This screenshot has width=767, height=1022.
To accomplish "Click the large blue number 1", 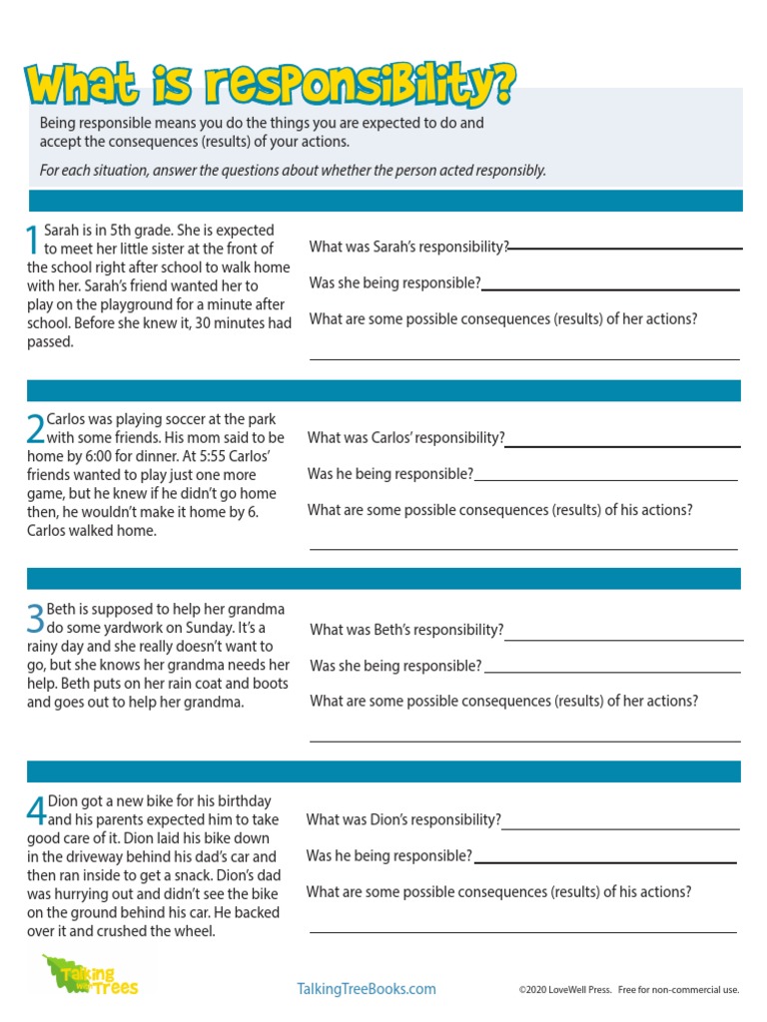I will tap(34, 240).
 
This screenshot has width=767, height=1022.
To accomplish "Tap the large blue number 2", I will tap(36, 428).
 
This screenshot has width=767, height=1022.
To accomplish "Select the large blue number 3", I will tap(36, 618).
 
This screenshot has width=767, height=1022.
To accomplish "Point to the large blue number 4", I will tap(36, 809).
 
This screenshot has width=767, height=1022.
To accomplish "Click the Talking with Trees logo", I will tap(90, 975).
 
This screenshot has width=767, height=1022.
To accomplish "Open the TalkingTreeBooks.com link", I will tap(367, 989).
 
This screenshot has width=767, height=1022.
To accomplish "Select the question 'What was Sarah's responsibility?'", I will tap(408, 247).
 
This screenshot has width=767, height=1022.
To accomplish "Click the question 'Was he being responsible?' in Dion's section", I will tap(388, 856).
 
